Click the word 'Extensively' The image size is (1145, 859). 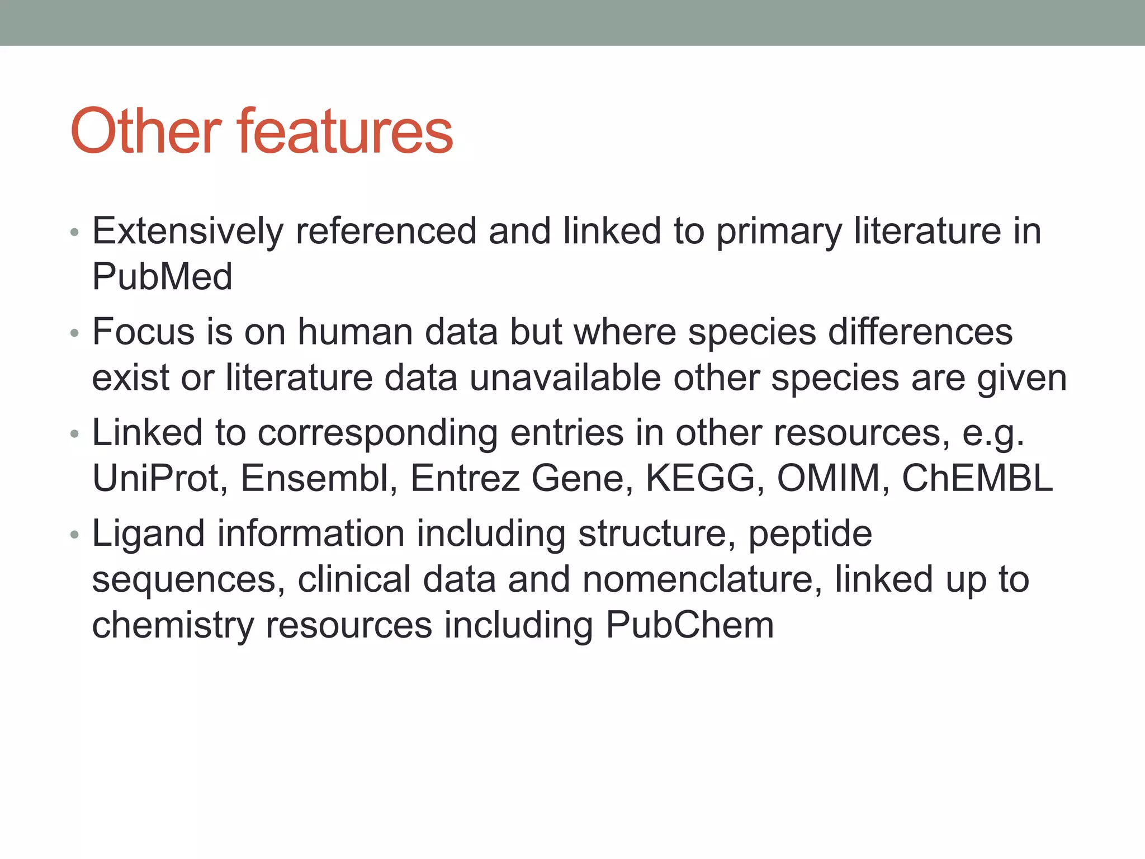(188, 231)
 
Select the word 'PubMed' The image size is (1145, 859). (162, 277)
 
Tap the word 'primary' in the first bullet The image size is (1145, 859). (778, 232)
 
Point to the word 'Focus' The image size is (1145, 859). (143, 332)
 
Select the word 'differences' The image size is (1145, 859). (920, 332)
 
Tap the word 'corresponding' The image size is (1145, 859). (377, 433)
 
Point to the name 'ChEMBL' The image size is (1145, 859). (977, 478)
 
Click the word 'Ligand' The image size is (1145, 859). (148, 534)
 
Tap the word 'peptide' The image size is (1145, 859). (810, 534)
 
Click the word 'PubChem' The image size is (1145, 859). (690, 625)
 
